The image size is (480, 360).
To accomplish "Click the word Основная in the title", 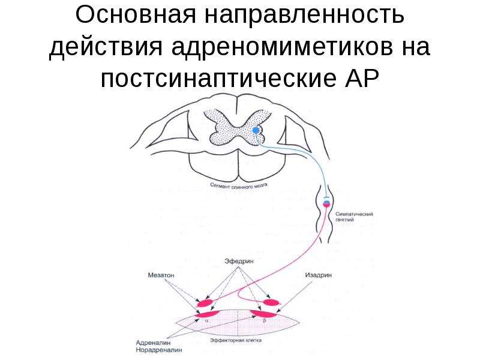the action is (136, 14).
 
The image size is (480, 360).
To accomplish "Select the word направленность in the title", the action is (304, 14).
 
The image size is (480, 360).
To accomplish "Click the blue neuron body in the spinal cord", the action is (256, 130).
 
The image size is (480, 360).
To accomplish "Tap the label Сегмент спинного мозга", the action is (239, 185).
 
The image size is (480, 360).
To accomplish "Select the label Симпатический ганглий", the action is (354, 217).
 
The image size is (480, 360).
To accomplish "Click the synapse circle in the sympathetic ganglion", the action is (326, 203).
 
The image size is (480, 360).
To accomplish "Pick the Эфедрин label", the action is (239, 262).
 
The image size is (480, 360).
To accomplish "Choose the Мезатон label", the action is (161, 275).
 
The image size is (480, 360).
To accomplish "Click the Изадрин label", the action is (319, 275).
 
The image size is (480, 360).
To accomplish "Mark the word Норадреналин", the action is (159, 350).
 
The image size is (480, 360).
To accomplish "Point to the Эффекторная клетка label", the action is (236, 340).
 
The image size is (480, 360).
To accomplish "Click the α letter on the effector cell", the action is (206, 320).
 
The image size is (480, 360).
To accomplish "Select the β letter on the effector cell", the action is (265, 321).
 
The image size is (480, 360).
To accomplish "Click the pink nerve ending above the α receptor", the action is (205, 303).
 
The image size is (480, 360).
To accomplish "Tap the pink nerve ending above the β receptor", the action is (272, 303).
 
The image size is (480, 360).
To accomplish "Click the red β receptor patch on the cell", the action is (263, 313).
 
